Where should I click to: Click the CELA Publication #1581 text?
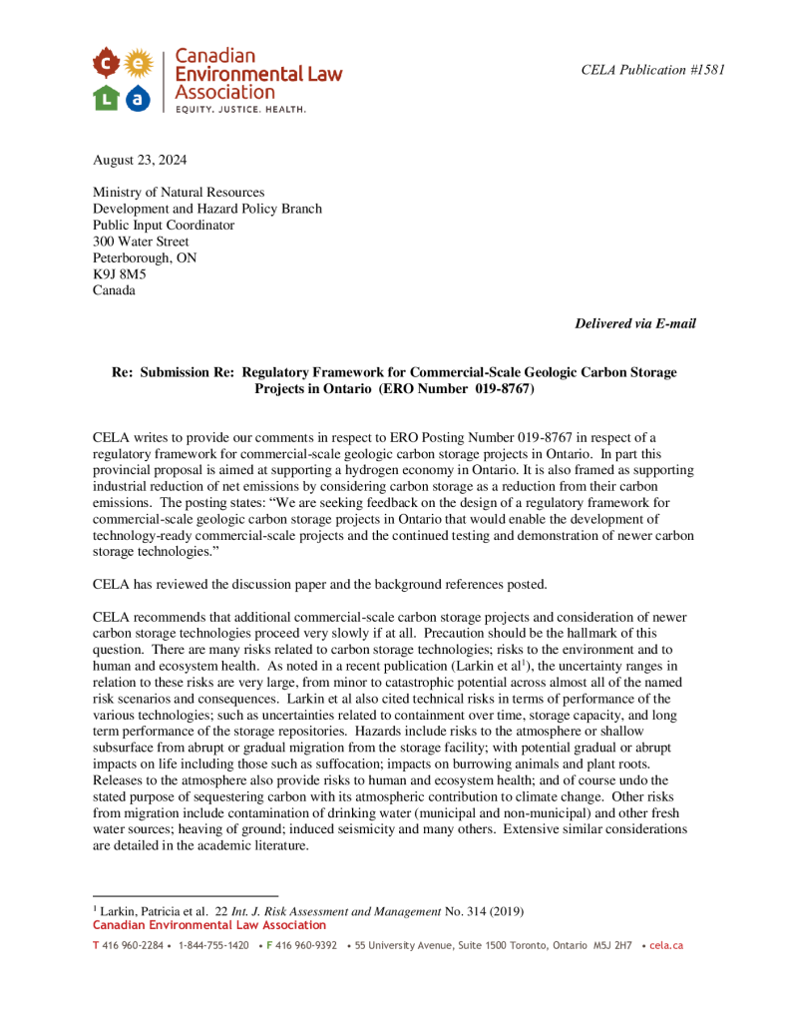(x=652, y=70)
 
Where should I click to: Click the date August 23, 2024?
(x=140, y=160)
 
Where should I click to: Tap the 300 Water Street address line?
(x=141, y=242)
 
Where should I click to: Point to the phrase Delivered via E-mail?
(x=635, y=323)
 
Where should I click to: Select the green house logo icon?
(x=107, y=98)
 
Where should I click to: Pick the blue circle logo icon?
(x=139, y=98)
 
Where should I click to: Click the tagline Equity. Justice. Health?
(x=240, y=108)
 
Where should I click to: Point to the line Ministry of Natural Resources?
(x=179, y=193)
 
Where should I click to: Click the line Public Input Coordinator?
(x=164, y=226)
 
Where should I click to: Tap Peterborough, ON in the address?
(x=145, y=258)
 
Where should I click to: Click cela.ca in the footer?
(x=665, y=945)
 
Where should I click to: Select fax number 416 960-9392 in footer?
(x=305, y=945)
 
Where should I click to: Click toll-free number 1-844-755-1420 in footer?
(x=213, y=945)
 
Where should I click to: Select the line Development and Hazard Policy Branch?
(x=207, y=209)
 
